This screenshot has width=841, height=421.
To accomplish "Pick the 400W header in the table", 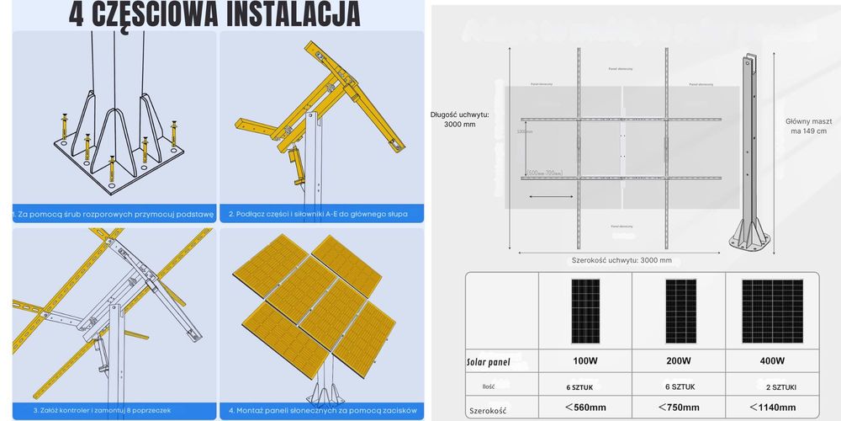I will coord(770,360).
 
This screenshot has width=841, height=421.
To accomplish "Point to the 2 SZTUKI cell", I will coord(770,386).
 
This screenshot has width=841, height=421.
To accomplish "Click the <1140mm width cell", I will coord(770,408).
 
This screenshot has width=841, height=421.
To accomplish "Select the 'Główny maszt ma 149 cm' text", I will coord(807,125).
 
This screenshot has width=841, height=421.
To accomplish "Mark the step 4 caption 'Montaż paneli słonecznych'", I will coord(323,410).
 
